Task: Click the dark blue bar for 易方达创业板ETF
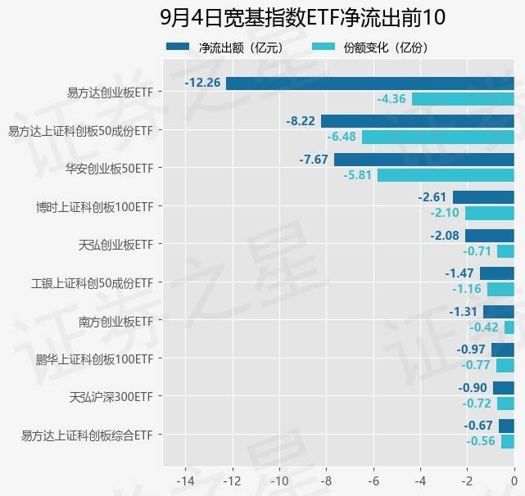point(369,83)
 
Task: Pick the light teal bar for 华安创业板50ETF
point(446,175)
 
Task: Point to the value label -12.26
point(202,83)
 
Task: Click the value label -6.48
point(342,137)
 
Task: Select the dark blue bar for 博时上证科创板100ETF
point(483,197)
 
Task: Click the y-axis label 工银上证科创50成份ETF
point(93,282)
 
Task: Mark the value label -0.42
point(484,327)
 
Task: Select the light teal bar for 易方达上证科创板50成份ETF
point(437,137)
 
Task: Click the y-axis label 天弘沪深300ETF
point(111,397)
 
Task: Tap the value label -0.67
point(478,426)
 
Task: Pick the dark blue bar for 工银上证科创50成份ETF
point(496,273)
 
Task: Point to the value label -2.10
point(446,213)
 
